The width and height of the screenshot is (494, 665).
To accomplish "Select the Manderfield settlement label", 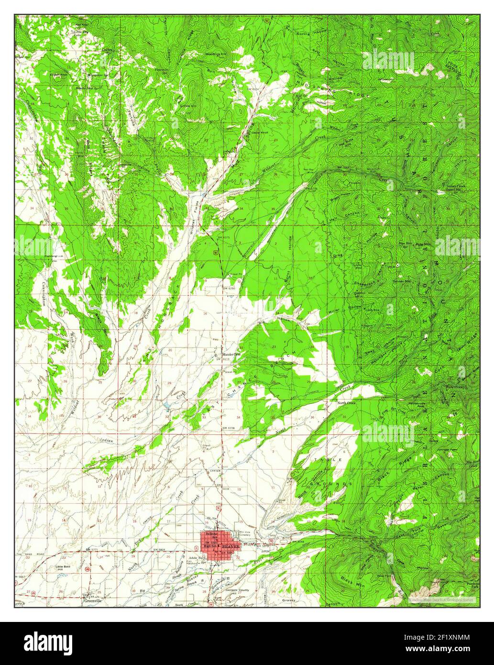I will click(233, 355).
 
